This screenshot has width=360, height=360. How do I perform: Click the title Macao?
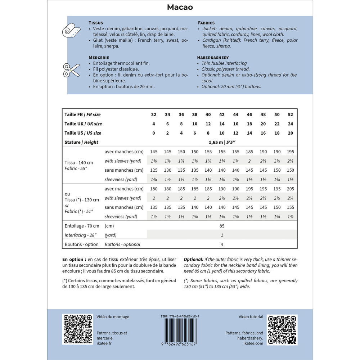coord(180,7)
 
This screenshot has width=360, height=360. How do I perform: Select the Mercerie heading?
coord(99,57)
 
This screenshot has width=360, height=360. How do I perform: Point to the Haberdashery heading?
coord(213,57)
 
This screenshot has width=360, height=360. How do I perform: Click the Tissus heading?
coord(96,23)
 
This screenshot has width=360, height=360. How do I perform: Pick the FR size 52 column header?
coord(291,114)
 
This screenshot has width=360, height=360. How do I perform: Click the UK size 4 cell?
coord(154,124)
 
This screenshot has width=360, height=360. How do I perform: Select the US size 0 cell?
coord(154,133)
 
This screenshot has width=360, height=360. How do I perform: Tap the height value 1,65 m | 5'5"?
coord(222,142)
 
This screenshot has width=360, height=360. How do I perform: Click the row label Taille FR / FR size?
coord(82,114)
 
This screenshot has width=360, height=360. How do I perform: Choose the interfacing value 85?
coord(222,226)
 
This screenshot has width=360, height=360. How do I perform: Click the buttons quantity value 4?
coord(222,244)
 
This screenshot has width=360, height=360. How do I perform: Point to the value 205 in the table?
coord(291,189)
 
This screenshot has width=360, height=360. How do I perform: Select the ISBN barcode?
coord(180,331)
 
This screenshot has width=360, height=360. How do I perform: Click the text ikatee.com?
coord(256,343)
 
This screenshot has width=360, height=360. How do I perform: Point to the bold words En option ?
coord(74,259)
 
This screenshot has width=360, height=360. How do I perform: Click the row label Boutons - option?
coord(81,244)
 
